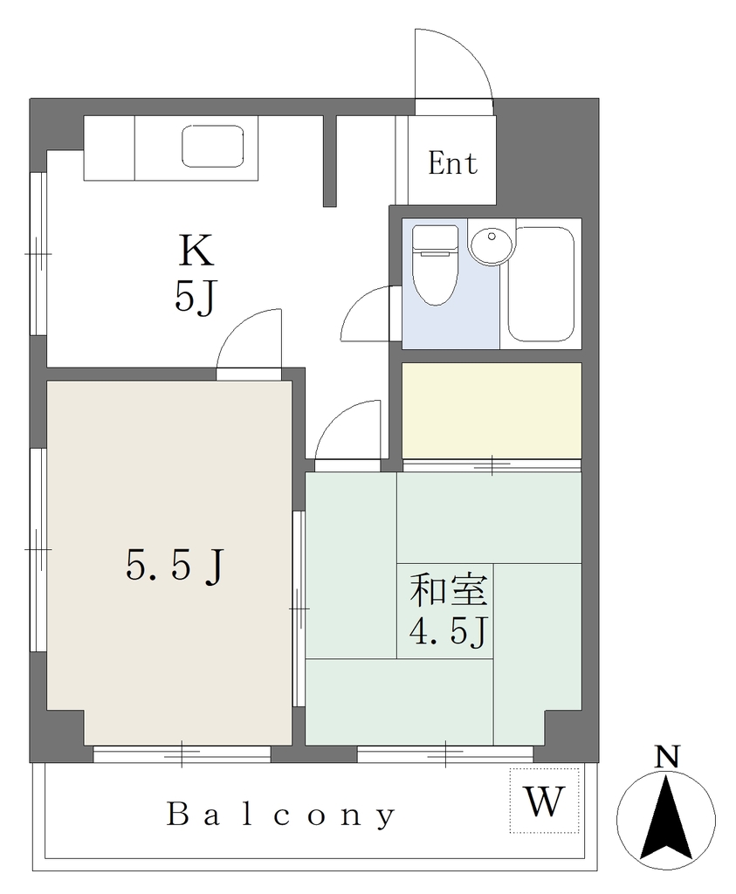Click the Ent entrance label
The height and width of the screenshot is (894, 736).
pyautogui.click(x=452, y=163)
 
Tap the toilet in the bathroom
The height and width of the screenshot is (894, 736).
pyautogui.click(x=435, y=265)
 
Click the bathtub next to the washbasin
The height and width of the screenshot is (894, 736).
pyautogui.click(x=541, y=284)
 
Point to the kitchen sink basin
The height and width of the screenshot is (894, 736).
pyautogui.click(x=213, y=147)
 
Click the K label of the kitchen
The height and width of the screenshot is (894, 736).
pyautogui.click(x=196, y=251)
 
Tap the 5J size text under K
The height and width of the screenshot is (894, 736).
pyautogui.click(x=196, y=297)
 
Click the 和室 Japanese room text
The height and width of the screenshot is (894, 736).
pyautogui.click(x=450, y=590)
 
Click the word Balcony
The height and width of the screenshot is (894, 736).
pyautogui.click(x=281, y=815)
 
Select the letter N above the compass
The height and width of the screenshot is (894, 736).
pyautogui.click(x=666, y=757)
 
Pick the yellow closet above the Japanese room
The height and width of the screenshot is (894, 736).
pyautogui.click(x=492, y=410)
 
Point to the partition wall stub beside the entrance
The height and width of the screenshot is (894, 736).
pyautogui.click(x=329, y=161)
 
